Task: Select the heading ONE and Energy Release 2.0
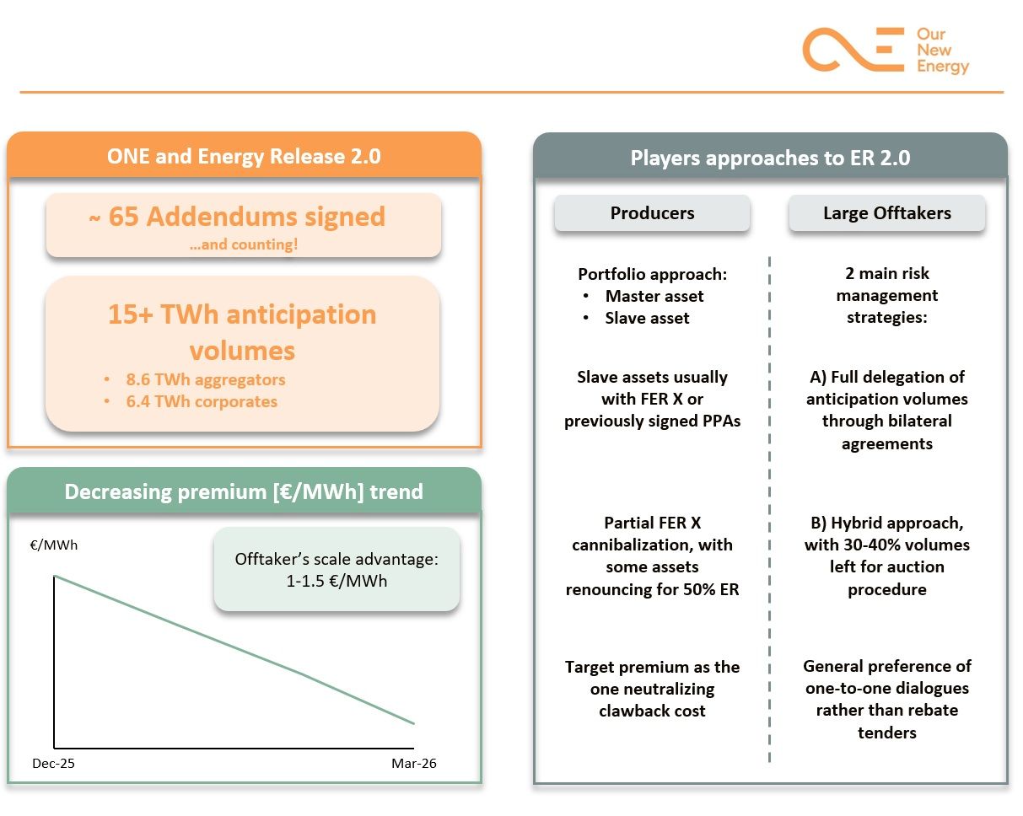(x=244, y=156)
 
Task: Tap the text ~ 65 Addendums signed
(x=237, y=217)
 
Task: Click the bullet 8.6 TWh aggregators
(x=206, y=379)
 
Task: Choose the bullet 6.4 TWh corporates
(x=202, y=401)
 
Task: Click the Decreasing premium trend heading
(x=244, y=491)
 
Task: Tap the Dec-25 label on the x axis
(x=53, y=763)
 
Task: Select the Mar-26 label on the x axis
(x=414, y=763)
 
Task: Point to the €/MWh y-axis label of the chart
(x=54, y=545)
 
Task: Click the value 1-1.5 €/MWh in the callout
(x=337, y=580)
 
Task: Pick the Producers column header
(x=652, y=213)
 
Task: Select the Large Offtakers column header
(x=886, y=213)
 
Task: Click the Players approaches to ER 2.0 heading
(x=770, y=158)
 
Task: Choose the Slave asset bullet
(x=647, y=318)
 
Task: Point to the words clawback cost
(x=652, y=711)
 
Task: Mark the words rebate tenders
(x=887, y=722)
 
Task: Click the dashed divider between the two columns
(x=769, y=506)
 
